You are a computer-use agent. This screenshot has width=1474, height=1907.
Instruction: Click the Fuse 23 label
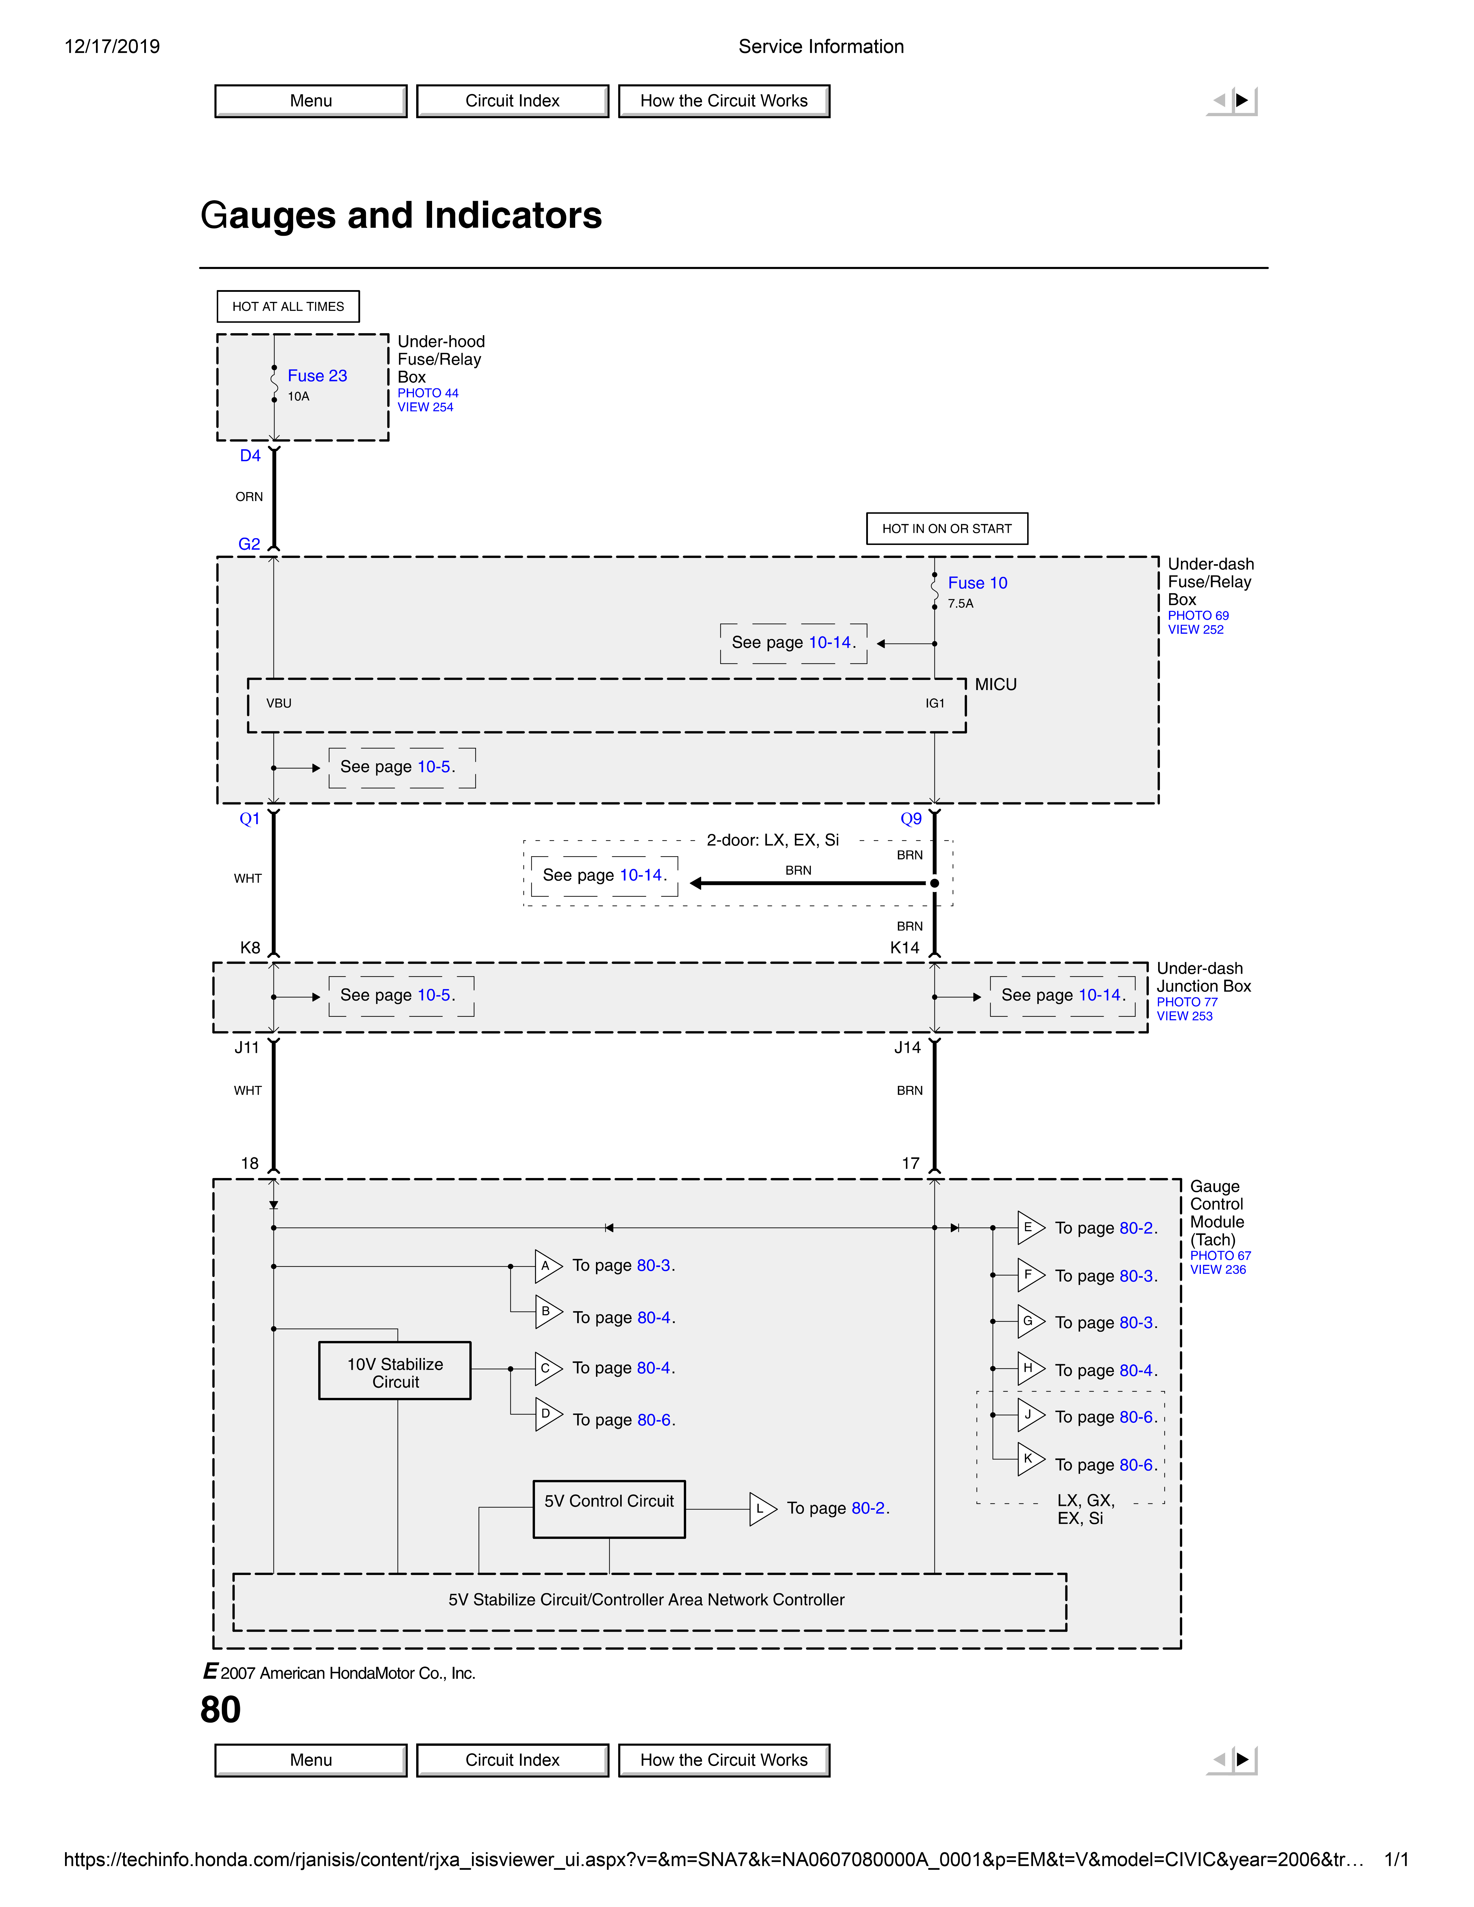[x=317, y=375]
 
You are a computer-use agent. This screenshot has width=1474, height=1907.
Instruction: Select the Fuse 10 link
[x=977, y=583]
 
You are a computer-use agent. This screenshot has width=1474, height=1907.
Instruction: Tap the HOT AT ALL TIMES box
[x=288, y=307]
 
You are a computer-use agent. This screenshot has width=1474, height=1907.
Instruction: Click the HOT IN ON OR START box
[x=947, y=528]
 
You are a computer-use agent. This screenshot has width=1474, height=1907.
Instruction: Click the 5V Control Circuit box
[x=609, y=1508]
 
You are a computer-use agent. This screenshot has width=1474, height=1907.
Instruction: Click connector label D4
[x=250, y=455]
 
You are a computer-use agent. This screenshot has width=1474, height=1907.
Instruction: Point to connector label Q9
[x=911, y=818]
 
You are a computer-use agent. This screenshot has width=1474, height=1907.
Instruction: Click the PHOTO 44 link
[x=428, y=393]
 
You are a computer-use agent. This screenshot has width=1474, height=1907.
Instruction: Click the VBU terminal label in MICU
[x=279, y=703]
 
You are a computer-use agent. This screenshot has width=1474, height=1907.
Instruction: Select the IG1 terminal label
[x=934, y=703]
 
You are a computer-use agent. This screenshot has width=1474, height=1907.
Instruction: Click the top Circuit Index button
[x=513, y=101]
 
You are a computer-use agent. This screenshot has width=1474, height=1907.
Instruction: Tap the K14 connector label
[x=905, y=947]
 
